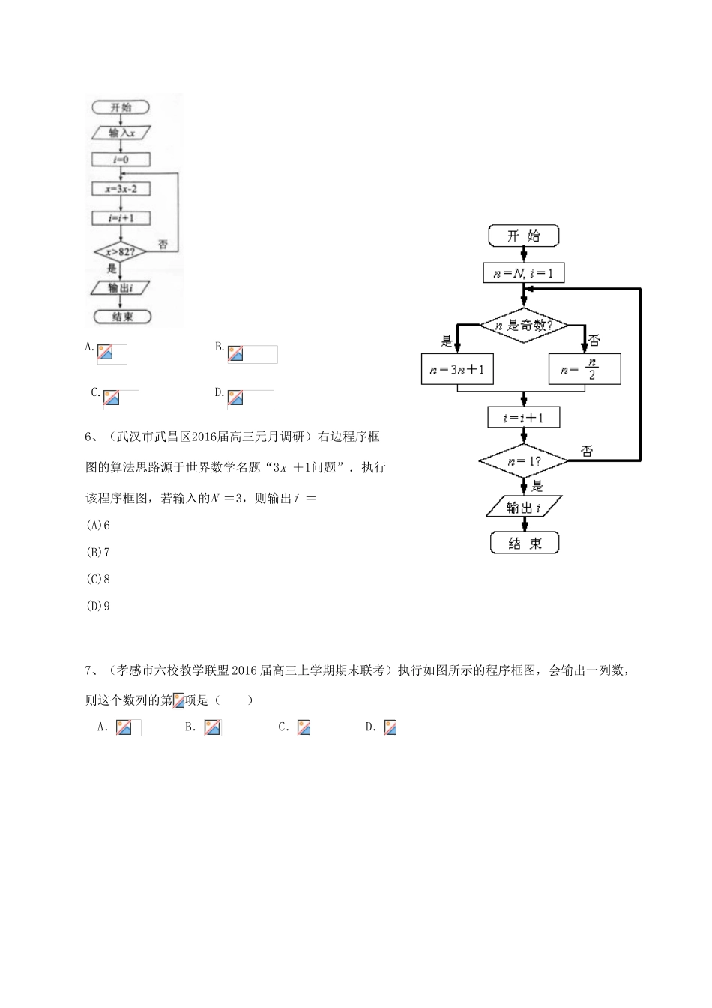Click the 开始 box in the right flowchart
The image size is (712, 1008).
pos(523,235)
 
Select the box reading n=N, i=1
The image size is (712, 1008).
pos(523,273)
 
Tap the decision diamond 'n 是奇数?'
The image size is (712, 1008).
pos(523,325)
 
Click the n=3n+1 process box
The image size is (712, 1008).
pos(457,369)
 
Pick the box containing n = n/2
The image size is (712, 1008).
pos(585,369)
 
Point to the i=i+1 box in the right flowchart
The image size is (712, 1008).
pos(523,418)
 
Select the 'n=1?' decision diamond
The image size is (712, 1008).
pos(523,460)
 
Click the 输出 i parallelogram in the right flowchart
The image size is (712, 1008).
pos(523,508)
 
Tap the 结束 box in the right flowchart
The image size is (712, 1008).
pos(525,544)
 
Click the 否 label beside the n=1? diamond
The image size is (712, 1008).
pos(587,451)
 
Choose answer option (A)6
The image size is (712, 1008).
pos(98,525)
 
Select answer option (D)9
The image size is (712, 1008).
pos(98,606)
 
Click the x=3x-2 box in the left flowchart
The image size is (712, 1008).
pos(121,189)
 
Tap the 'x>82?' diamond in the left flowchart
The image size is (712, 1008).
pos(120,252)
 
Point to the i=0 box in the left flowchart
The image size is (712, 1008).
pos(121,160)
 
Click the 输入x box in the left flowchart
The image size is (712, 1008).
pos(121,133)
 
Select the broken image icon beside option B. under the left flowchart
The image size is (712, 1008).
pos(235,354)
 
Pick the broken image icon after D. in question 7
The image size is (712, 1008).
pos(390,727)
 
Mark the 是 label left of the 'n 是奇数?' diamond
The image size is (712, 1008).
pos(447,341)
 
